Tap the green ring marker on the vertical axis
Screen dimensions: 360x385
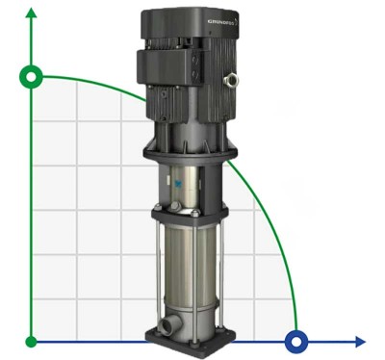point(32,76)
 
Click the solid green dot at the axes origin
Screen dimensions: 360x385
point(32,341)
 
